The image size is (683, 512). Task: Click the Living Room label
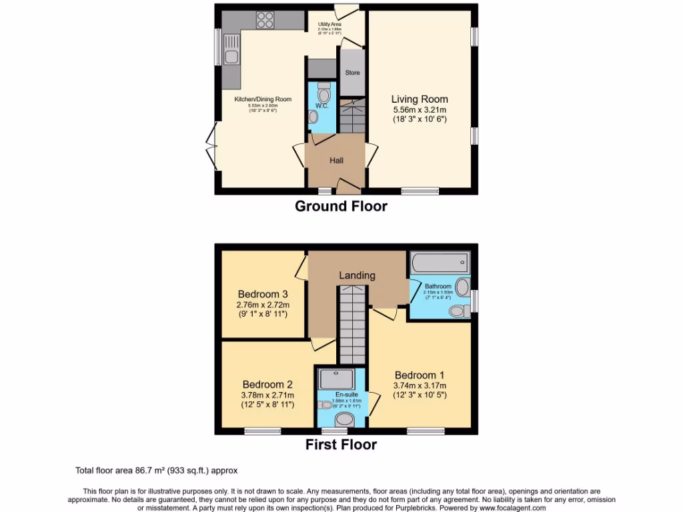(419, 99)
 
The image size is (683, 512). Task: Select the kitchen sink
(231, 53)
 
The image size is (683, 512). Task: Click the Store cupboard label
(352, 73)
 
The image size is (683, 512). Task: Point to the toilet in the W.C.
(324, 89)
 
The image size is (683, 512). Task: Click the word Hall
(336, 161)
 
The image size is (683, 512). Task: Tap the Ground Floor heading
(341, 206)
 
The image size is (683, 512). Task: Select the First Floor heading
(341, 445)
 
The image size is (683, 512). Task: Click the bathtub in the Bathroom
(440, 262)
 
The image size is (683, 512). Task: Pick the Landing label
(357, 275)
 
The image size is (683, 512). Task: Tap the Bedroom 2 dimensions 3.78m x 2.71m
(267, 395)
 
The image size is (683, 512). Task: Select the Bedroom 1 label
(420, 375)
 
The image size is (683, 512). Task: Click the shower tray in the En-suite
(340, 379)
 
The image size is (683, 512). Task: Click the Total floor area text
(155, 471)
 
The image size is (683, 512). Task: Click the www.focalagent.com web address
(508, 508)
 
